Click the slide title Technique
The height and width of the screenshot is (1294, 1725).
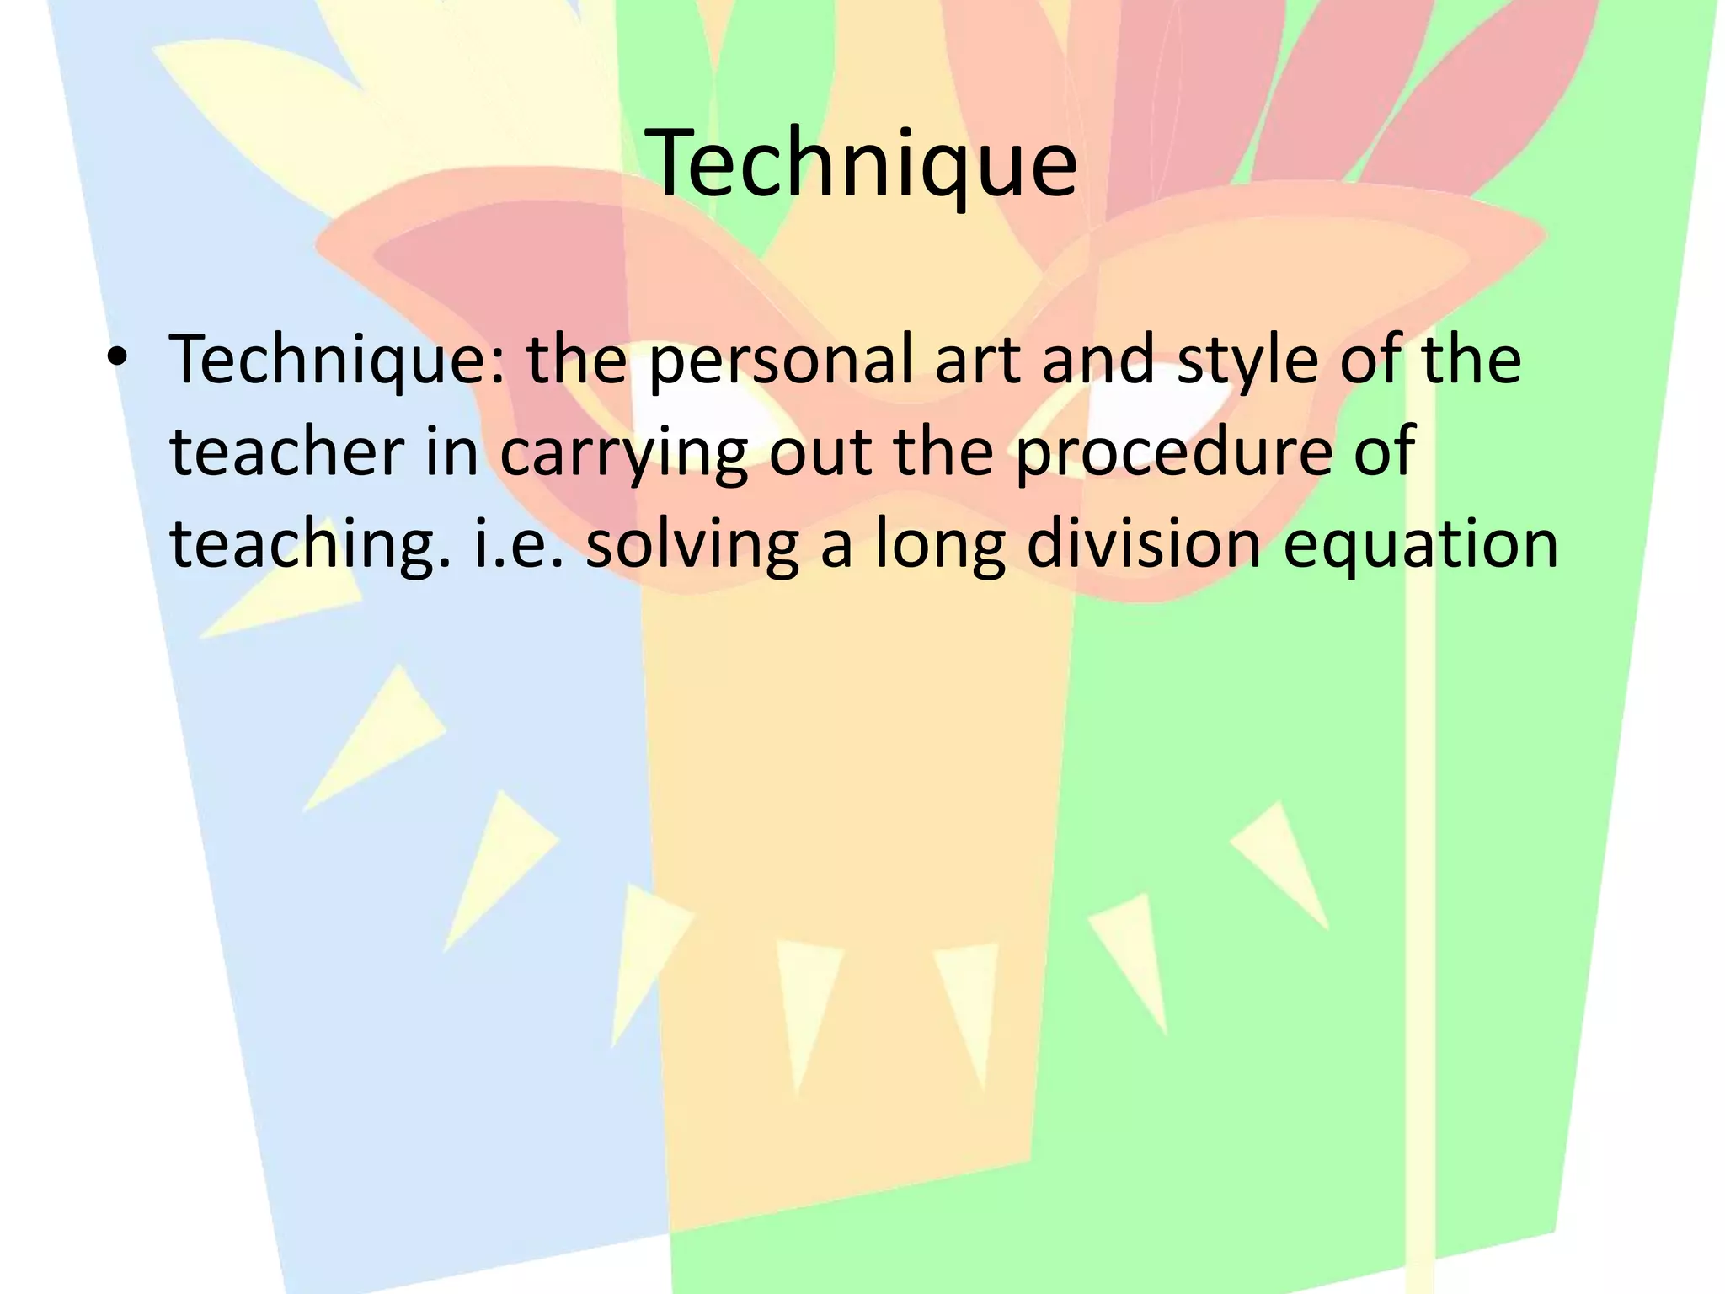[x=864, y=162]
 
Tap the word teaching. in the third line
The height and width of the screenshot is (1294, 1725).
[x=310, y=545]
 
